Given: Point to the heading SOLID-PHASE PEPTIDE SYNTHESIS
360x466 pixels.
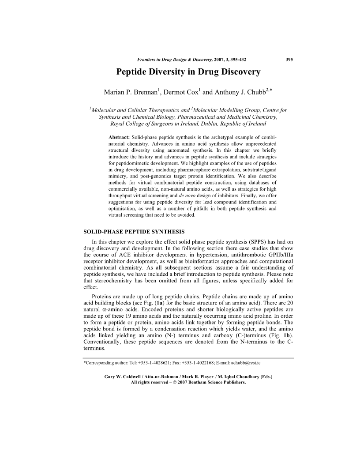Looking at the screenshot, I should click(135, 232).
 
